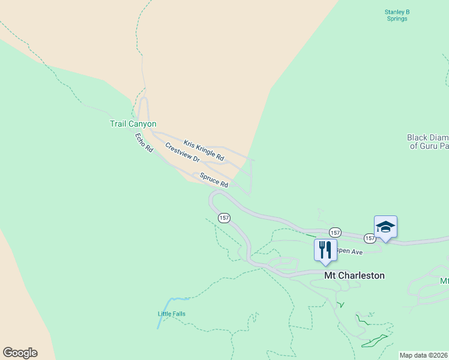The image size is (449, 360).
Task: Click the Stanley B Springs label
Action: [396, 15]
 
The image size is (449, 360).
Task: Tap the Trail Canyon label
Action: [133, 124]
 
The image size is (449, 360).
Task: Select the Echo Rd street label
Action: [144, 142]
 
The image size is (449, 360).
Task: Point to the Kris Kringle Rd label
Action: [203, 151]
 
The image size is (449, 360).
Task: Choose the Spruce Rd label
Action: [214, 180]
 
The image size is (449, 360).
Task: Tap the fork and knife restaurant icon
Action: [325, 250]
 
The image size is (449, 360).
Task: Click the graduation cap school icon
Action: [385, 226]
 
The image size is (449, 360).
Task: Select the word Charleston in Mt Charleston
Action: [361, 275]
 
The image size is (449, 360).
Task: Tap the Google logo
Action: [20, 353]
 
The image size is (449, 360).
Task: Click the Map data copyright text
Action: [423, 355]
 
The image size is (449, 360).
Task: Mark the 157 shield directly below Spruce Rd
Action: [224, 218]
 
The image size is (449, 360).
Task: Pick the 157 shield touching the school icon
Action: [370, 238]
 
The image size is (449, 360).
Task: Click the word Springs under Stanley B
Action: [396, 19]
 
